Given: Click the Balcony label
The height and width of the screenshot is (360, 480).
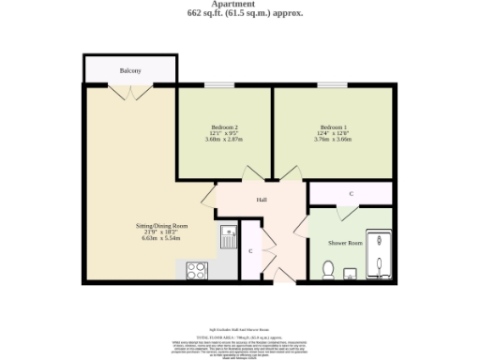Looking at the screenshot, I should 130,71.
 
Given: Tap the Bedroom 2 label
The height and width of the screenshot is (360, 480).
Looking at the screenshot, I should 224,127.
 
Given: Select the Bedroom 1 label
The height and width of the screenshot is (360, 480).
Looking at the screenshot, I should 333,127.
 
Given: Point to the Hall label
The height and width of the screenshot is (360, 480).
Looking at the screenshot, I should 262,200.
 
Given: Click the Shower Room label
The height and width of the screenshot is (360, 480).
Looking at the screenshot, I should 343,243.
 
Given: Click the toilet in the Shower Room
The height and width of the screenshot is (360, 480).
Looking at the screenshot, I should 328,270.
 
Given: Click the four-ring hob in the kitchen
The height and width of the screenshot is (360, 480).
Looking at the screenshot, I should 198,270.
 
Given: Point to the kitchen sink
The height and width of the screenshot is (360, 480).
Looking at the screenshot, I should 227,234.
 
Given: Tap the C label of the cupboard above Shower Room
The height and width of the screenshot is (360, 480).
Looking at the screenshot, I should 351,193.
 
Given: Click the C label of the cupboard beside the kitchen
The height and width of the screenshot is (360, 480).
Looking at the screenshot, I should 250,251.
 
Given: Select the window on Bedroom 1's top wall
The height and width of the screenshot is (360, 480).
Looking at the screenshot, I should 331,85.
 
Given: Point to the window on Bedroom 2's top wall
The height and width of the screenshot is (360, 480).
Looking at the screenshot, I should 219,85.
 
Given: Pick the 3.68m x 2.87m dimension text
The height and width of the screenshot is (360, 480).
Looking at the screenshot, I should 224,140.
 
